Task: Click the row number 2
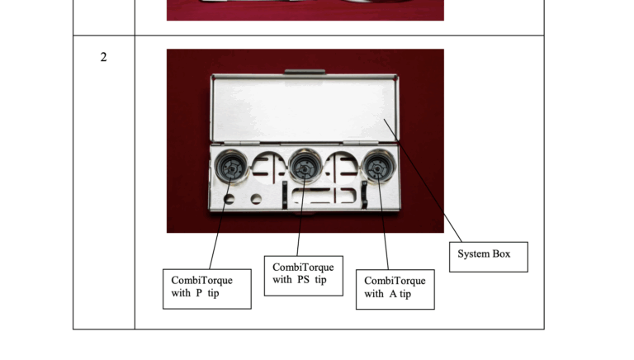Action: coord(103,57)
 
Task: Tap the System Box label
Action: coord(489,257)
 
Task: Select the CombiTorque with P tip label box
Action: coord(207,289)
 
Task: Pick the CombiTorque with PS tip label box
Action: coord(304,276)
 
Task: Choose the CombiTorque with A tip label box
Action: coord(395,290)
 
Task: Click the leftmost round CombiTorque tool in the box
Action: coord(231,167)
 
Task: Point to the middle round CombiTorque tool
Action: coord(305,166)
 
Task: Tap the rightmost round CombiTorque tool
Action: coord(377,166)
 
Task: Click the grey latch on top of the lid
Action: coord(305,72)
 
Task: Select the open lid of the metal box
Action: coord(305,108)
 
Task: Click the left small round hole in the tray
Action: coord(229,199)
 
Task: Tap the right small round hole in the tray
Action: coord(256,199)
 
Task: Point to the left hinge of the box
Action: coord(242,143)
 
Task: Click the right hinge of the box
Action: coord(361,143)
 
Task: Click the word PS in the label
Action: coord(303,280)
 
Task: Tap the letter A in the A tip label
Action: coord(393,294)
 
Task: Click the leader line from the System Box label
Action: coord(423,180)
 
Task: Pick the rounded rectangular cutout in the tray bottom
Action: coord(324,196)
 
